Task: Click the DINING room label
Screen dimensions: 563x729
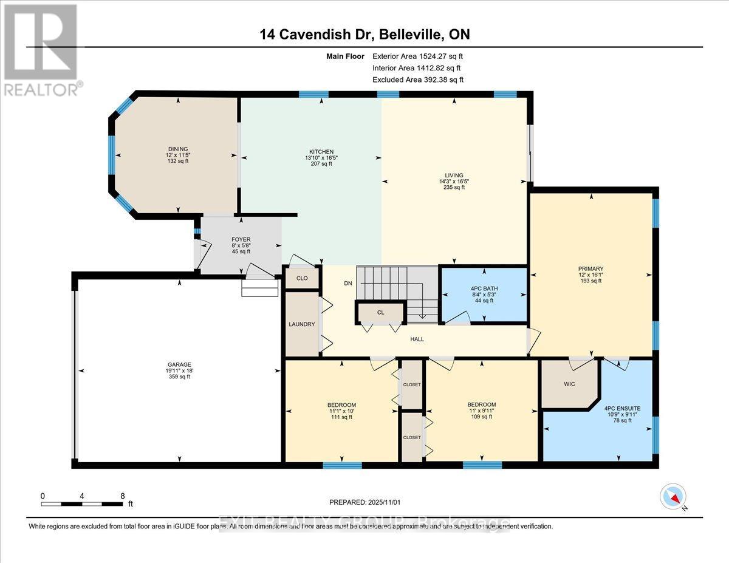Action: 178,149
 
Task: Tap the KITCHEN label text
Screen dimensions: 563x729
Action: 321,152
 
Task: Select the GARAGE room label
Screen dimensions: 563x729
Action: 179,364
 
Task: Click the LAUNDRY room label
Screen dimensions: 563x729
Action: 302,324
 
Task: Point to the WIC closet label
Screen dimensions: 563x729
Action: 569,384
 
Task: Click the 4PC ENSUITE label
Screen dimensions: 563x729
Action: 622,408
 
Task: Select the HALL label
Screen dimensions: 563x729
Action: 416,339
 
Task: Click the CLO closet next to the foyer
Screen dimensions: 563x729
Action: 302,278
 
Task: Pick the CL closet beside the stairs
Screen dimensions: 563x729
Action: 380,312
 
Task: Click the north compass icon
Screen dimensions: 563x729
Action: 673,496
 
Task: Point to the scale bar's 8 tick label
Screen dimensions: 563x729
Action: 123,496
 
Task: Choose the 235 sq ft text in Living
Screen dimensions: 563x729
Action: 454,188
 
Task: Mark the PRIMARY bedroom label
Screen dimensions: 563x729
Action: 590,268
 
